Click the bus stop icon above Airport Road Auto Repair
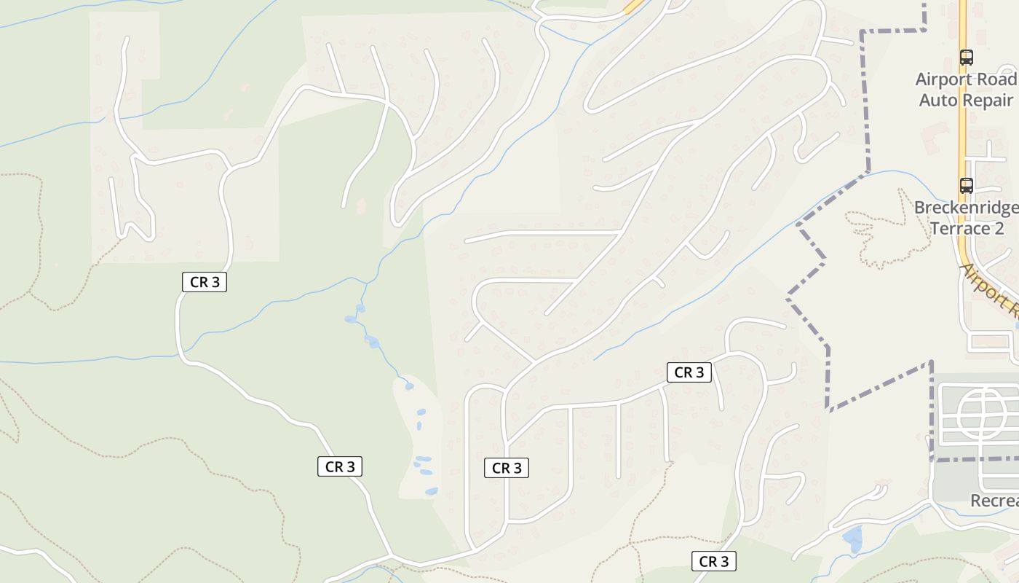966,57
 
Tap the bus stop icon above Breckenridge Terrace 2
966,186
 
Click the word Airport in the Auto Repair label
941,79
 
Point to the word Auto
937,100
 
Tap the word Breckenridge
967,208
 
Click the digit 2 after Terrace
999,228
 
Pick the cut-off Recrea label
995,501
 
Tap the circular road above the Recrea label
983,414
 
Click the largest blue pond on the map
852,539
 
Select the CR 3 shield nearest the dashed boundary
689,372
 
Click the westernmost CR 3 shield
205,282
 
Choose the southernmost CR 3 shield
713,561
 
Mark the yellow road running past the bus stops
962,131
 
